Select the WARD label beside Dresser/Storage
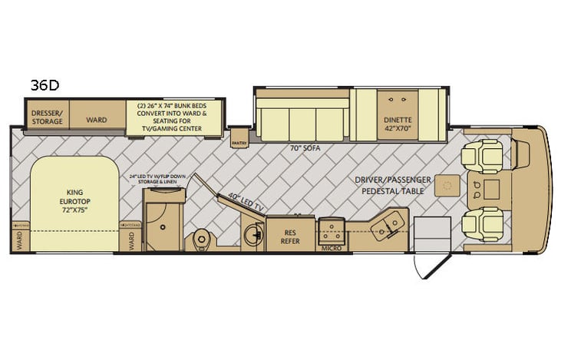97,120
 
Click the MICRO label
331,248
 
